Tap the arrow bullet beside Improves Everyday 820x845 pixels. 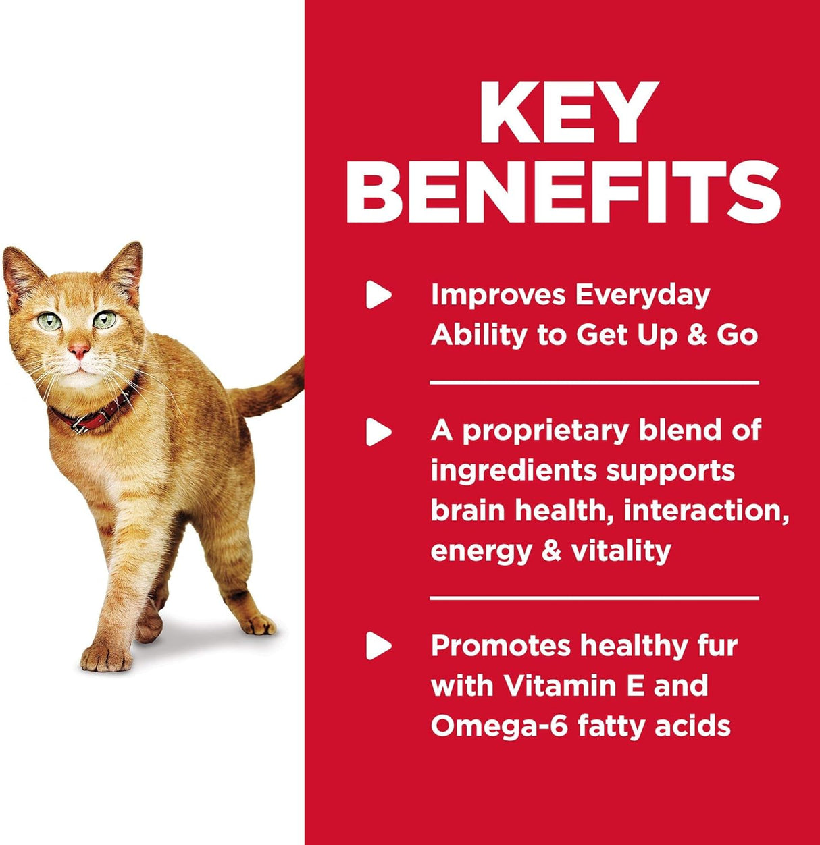click(378, 295)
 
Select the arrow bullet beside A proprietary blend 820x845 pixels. click(378, 431)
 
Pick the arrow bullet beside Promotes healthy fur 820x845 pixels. click(378, 647)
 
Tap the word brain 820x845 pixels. click(468, 510)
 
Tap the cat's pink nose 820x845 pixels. click(79, 350)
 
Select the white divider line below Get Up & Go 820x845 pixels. click(594, 383)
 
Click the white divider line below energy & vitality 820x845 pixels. click(594, 598)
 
